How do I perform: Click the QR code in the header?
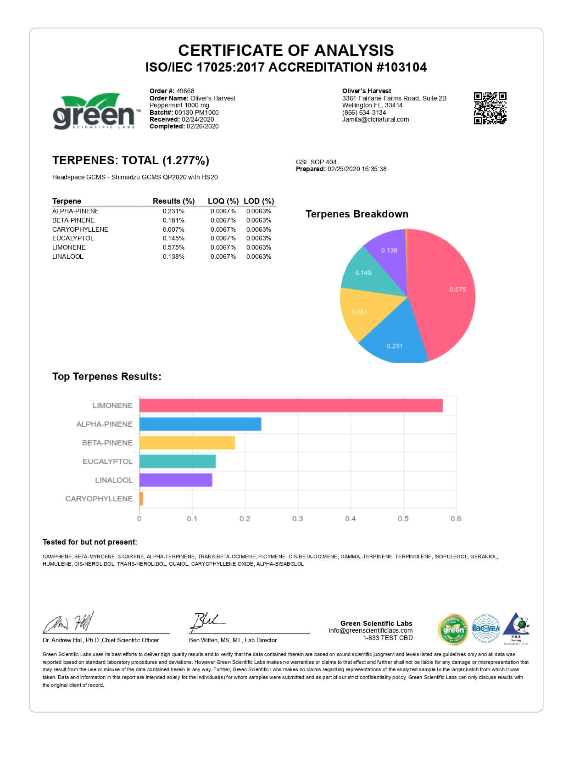(490, 108)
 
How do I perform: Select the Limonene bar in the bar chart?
(291, 406)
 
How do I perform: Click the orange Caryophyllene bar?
(141, 499)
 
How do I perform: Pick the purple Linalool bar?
(176, 480)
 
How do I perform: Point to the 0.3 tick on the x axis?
(298, 519)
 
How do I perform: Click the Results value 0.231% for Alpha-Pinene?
(173, 212)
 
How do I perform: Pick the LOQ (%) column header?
(223, 201)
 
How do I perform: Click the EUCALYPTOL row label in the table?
(73, 239)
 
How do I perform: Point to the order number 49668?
(185, 91)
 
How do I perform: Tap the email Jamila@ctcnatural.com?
(375, 120)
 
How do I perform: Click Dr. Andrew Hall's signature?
(69, 623)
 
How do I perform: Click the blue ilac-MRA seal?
(485, 628)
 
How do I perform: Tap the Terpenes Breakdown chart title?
(357, 214)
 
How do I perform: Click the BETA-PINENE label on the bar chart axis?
(107, 443)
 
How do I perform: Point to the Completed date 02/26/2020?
(202, 127)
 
